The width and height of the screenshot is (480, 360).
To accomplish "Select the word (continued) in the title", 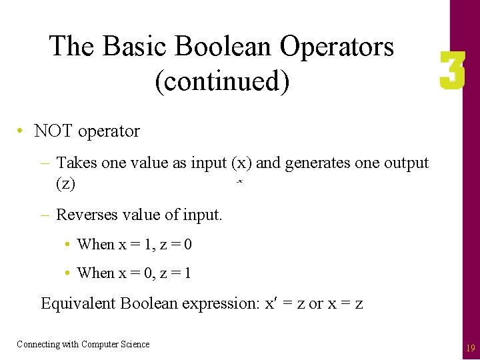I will tap(222, 81).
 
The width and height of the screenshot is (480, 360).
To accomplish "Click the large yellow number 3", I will tap(452, 72).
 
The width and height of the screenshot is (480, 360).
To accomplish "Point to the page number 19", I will tap(470, 348).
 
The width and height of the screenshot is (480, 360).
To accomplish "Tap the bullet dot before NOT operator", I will tap(22, 131).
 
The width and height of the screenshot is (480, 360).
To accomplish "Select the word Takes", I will tap(77, 163).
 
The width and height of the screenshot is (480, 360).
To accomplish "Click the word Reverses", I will tap(85, 215).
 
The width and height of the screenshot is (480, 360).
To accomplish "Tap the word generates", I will tap(315, 163).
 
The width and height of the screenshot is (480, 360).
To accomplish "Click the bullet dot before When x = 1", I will tap(69, 245).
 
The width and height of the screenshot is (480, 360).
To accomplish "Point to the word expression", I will tap(221, 304).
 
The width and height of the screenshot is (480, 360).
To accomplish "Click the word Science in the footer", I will tap(135, 344).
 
